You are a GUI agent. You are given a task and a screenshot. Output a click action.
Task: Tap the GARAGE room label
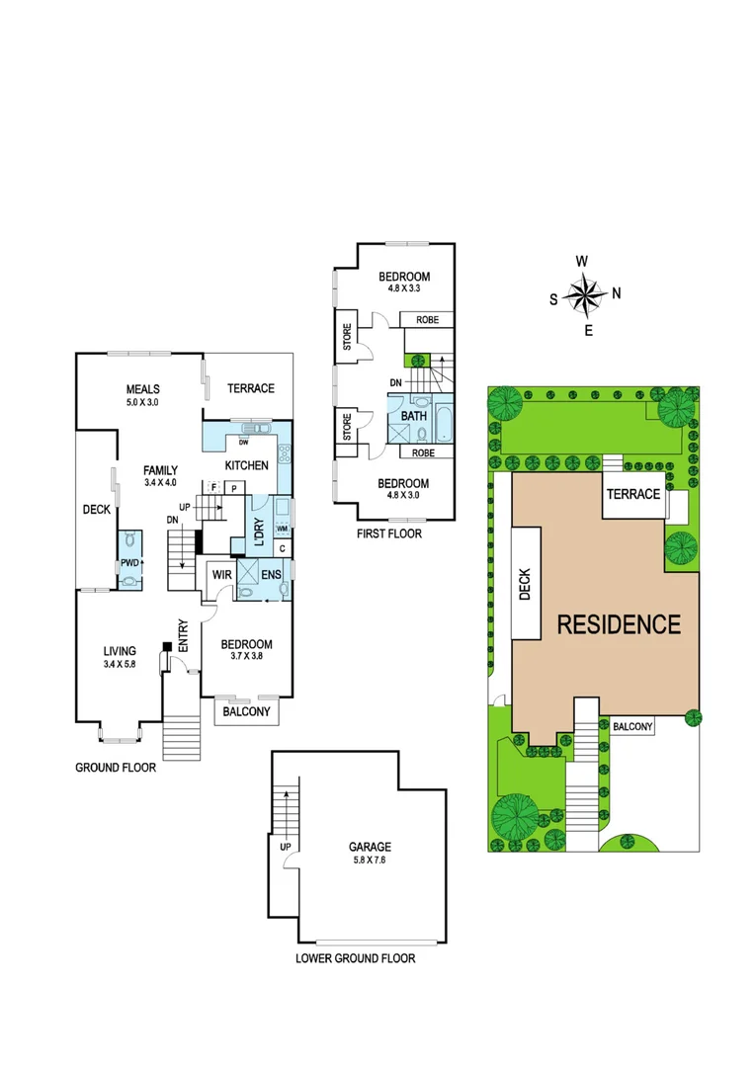click(x=369, y=847)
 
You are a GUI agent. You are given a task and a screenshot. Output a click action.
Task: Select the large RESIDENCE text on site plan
click(x=619, y=624)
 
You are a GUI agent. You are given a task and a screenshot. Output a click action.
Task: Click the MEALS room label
click(x=143, y=389)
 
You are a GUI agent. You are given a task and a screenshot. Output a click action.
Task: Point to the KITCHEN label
click(x=246, y=464)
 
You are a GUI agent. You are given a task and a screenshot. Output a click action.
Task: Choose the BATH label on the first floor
click(x=413, y=416)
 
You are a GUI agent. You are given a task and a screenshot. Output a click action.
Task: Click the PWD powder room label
click(x=128, y=563)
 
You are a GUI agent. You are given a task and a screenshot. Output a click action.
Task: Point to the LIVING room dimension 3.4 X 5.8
click(x=120, y=664)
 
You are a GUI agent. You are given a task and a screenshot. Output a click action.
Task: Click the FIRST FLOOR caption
click(x=389, y=533)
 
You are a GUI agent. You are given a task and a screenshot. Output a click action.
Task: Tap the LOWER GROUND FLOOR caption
click(x=356, y=958)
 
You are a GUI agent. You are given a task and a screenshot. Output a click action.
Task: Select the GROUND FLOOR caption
click(x=116, y=767)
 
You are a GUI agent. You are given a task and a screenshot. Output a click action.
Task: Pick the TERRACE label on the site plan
click(x=632, y=494)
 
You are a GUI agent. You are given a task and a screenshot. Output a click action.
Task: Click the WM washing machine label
click(x=282, y=530)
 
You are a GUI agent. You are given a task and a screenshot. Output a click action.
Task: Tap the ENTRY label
click(x=184, y=632)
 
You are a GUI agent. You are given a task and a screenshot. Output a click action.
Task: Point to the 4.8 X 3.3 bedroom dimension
click(x=404, y=289)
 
